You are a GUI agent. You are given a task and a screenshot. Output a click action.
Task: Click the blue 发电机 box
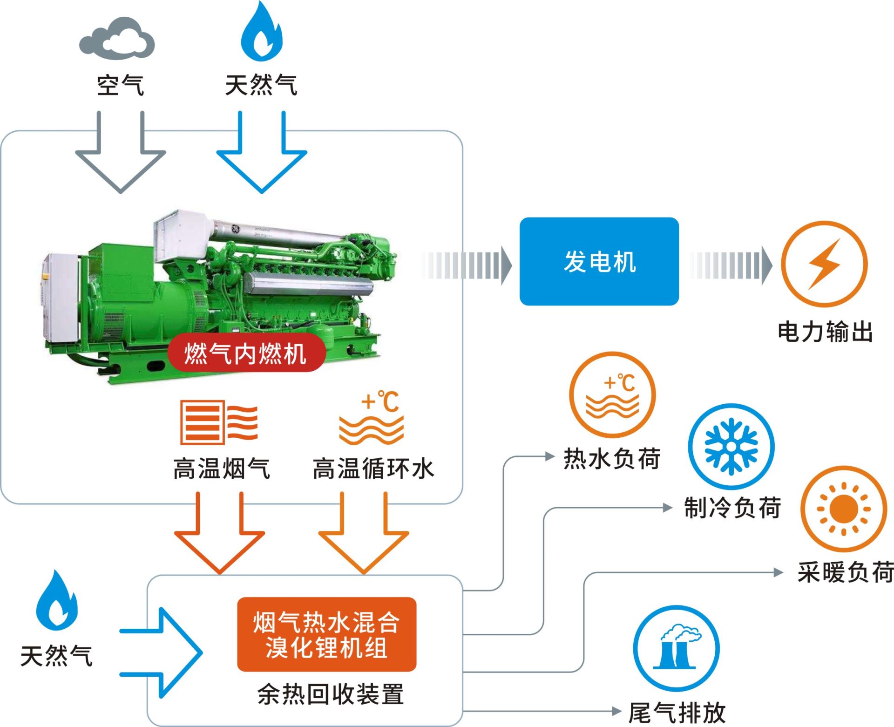click(599, 261)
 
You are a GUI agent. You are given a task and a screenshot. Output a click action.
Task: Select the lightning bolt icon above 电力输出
click(824, 264)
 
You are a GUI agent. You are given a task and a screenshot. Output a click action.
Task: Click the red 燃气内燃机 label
click(245, 353)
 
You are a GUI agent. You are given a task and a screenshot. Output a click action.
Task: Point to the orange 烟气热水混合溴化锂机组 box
click(326, 634)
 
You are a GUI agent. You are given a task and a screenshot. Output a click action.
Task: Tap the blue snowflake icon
click(731, 446)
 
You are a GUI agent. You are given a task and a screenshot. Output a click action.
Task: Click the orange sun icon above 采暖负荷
click(843, 509)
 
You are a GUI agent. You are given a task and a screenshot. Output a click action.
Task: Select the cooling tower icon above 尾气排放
click(677, 648)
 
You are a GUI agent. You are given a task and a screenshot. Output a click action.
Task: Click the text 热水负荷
click(612, 459)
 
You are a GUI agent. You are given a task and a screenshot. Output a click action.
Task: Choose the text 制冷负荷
click(732, 508)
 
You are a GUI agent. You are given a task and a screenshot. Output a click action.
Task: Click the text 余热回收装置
click(330, 694)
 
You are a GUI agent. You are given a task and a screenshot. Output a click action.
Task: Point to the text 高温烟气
click(222, 469)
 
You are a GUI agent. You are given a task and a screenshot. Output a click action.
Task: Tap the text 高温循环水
click(373, 469)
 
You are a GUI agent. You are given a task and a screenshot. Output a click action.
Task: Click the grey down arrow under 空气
click(121, 158)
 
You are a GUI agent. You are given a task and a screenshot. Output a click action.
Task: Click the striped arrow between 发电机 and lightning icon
click(730, 265)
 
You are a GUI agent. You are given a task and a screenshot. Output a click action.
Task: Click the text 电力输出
click(825, 333)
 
